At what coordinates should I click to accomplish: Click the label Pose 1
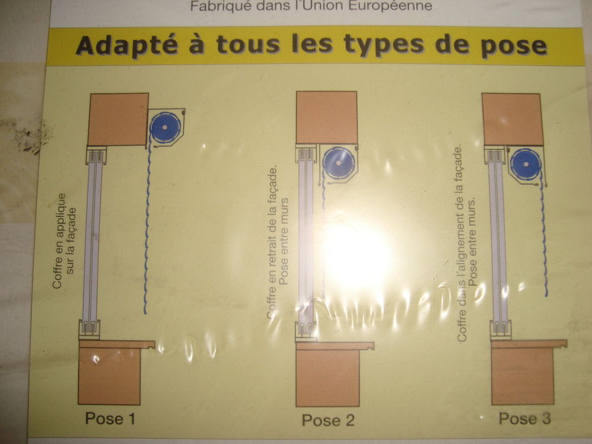point(110,419)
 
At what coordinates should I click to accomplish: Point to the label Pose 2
point(328,420)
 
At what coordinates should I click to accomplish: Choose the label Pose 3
point(525,419)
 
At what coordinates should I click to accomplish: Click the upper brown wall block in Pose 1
point(118,119)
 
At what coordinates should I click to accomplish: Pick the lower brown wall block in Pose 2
point(327,377)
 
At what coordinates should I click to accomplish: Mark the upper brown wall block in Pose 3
point(513,119)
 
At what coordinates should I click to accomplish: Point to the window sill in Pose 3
point(528,343)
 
